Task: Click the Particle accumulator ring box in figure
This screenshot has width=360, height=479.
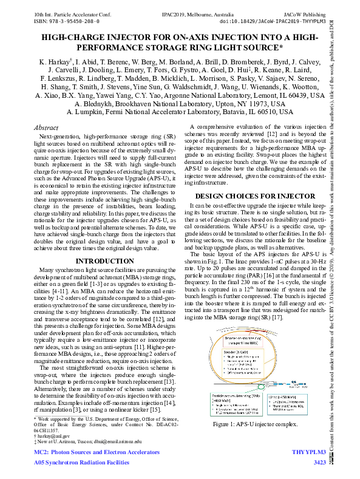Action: point(236,403)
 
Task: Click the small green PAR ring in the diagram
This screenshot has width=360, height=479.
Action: point(261,386)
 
